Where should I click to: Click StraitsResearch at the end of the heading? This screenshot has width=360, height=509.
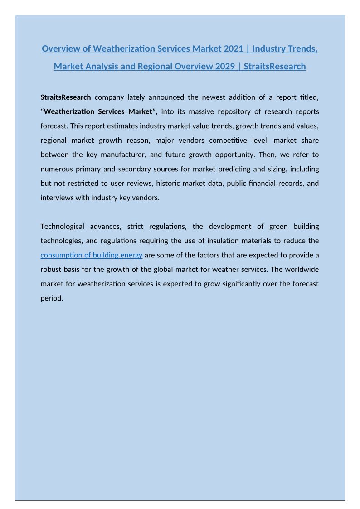[x=275, y=67]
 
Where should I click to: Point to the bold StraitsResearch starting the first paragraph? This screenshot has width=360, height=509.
[x=66, y=97]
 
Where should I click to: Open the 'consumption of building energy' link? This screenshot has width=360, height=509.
[x=92, y=255]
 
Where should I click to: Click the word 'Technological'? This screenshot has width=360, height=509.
[x=62, y=226]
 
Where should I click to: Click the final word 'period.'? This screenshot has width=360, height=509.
[x=52, y=298]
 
